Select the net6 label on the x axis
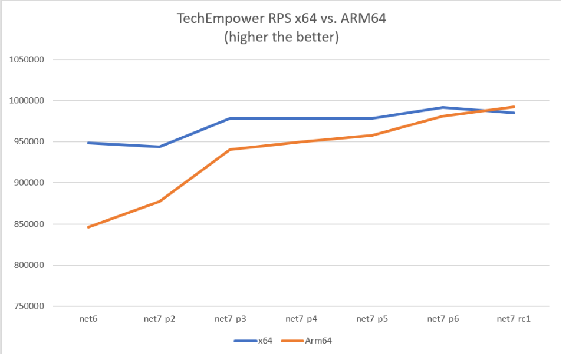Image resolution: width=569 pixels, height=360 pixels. click(88, 319)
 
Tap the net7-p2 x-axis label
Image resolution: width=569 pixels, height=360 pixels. click(159, 319)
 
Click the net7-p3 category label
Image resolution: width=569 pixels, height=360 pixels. click(231, 319)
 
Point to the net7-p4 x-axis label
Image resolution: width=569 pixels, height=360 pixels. click(301, 319)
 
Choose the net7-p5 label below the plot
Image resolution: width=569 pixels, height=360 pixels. click(373, 319)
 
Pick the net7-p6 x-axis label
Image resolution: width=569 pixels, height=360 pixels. click(443, 319)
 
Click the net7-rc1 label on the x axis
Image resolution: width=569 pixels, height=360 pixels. click(514, 319)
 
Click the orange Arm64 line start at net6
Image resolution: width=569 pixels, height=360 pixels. click(88, 227)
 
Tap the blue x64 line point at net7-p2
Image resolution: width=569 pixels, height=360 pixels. click(159, 147)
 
